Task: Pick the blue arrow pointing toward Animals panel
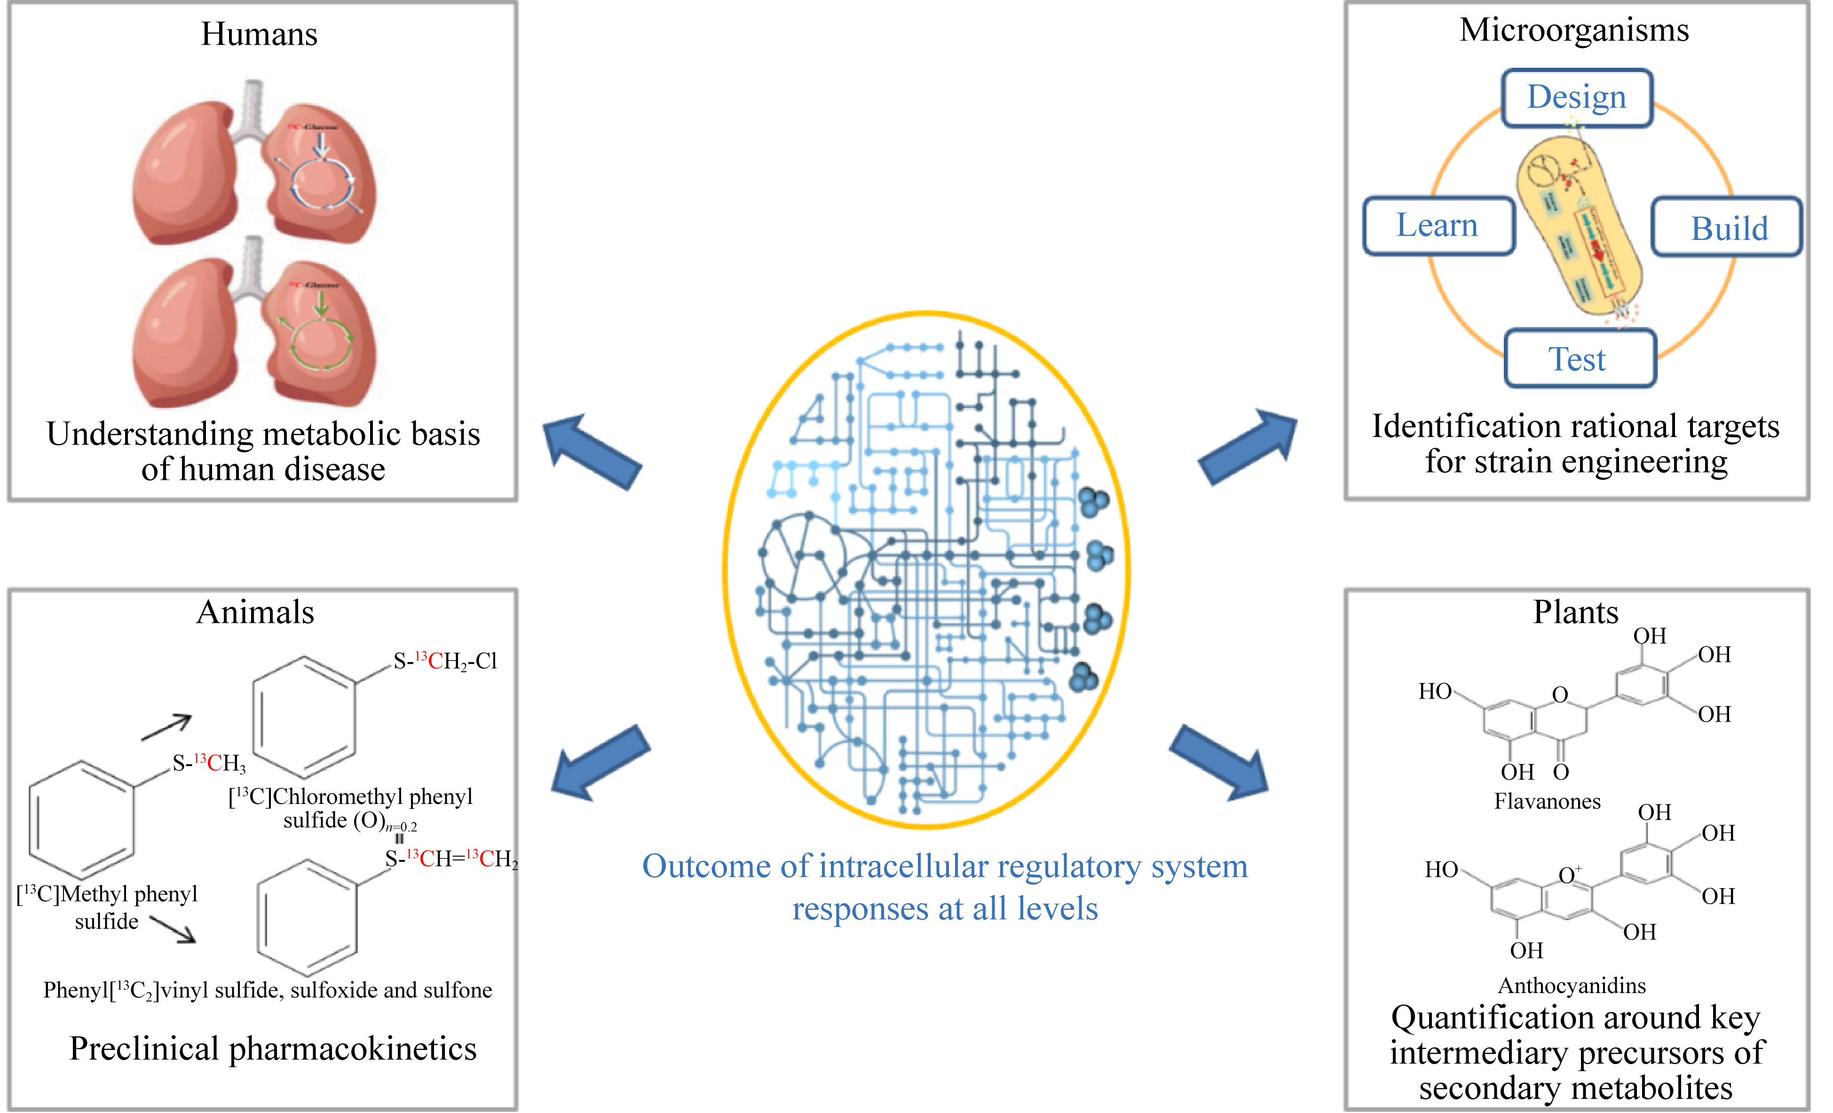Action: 599,763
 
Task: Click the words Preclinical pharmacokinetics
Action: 273,1049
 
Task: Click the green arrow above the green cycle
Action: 321,302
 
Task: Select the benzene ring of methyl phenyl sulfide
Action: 81,819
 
